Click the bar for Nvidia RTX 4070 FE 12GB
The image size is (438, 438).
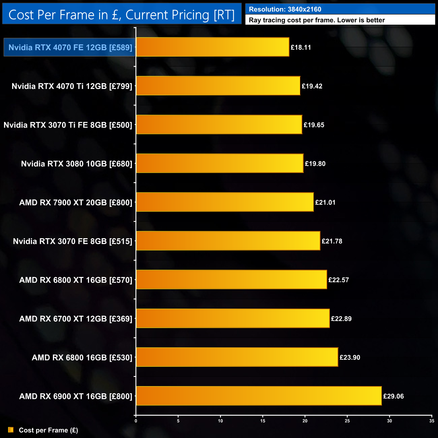pyautogui.click(x=213, y=47)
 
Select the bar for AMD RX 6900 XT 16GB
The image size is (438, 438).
pyautogui.click(x=259, y=396)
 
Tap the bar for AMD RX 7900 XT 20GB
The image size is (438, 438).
pyautogui.click(x=225, y=202)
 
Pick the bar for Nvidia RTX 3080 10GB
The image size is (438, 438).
pyautogui.click(x=220, y=163)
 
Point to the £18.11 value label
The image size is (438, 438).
pyautogui.click(x=301, y=48)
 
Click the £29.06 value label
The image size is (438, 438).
pyautogui.click(x=394, y=396)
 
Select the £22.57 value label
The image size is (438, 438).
pyautogui.click(x=339, y=280)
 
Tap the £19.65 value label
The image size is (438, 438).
pyautogui.click(x=314, y=125)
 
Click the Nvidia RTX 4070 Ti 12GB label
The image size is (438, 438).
pyautogui.click(x=72, y=86)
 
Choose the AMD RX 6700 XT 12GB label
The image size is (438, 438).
pyautogui.click(x=76, y=319)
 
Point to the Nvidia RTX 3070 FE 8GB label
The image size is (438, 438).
pyautogui.click(x=72, y=241)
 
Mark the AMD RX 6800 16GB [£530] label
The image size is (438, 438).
pyautogui.click(x=82, y=357)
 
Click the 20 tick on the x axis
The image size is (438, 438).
pyautogui.click(x=305, y=421)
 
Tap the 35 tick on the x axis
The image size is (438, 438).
pyautogui.click(x=432, y=421)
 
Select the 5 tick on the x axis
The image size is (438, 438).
pyautogui.click(x=178, y=421)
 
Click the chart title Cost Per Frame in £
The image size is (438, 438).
pyautogui.click(x=121, y=15)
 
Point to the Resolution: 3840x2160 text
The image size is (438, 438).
pyautogui.click(x=285, y=9)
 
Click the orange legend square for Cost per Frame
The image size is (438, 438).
pyautogui.click(x=11, y=430)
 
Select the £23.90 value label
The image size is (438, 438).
pyautogui.click(x=350, y=357)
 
